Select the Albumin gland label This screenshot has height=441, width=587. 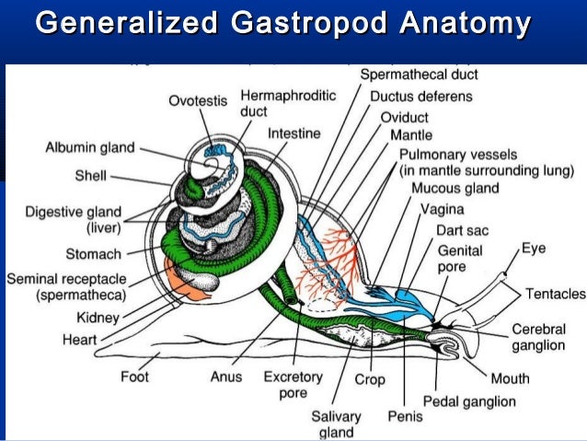click(x=90, y=147)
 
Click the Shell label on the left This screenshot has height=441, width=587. click(x=91, y=176)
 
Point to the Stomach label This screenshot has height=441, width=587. click(x=93, y=253)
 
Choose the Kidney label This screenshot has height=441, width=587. click(x=98, y=318)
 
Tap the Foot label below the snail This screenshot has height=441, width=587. click(x=135, y=377)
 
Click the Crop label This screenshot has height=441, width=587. click(x=371, y=379)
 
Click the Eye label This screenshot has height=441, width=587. click(x=534, y=248)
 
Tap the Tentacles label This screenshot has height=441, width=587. click(x=555, y=294)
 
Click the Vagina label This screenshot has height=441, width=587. click(x=443, y=209)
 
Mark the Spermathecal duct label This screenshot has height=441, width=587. click(x=419, y=75)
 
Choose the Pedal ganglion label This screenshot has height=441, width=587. click(x=469, y=401)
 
